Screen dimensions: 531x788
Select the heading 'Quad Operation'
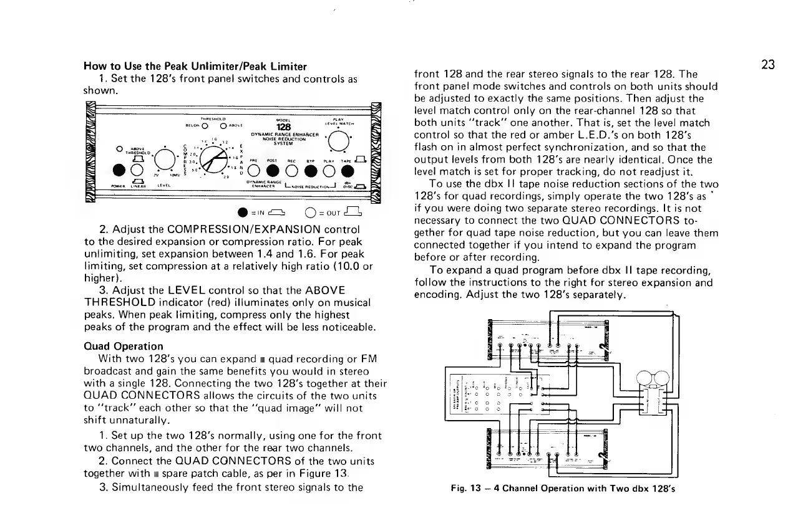point(124,346)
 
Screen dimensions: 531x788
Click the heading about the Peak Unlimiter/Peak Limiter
point(195,67)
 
